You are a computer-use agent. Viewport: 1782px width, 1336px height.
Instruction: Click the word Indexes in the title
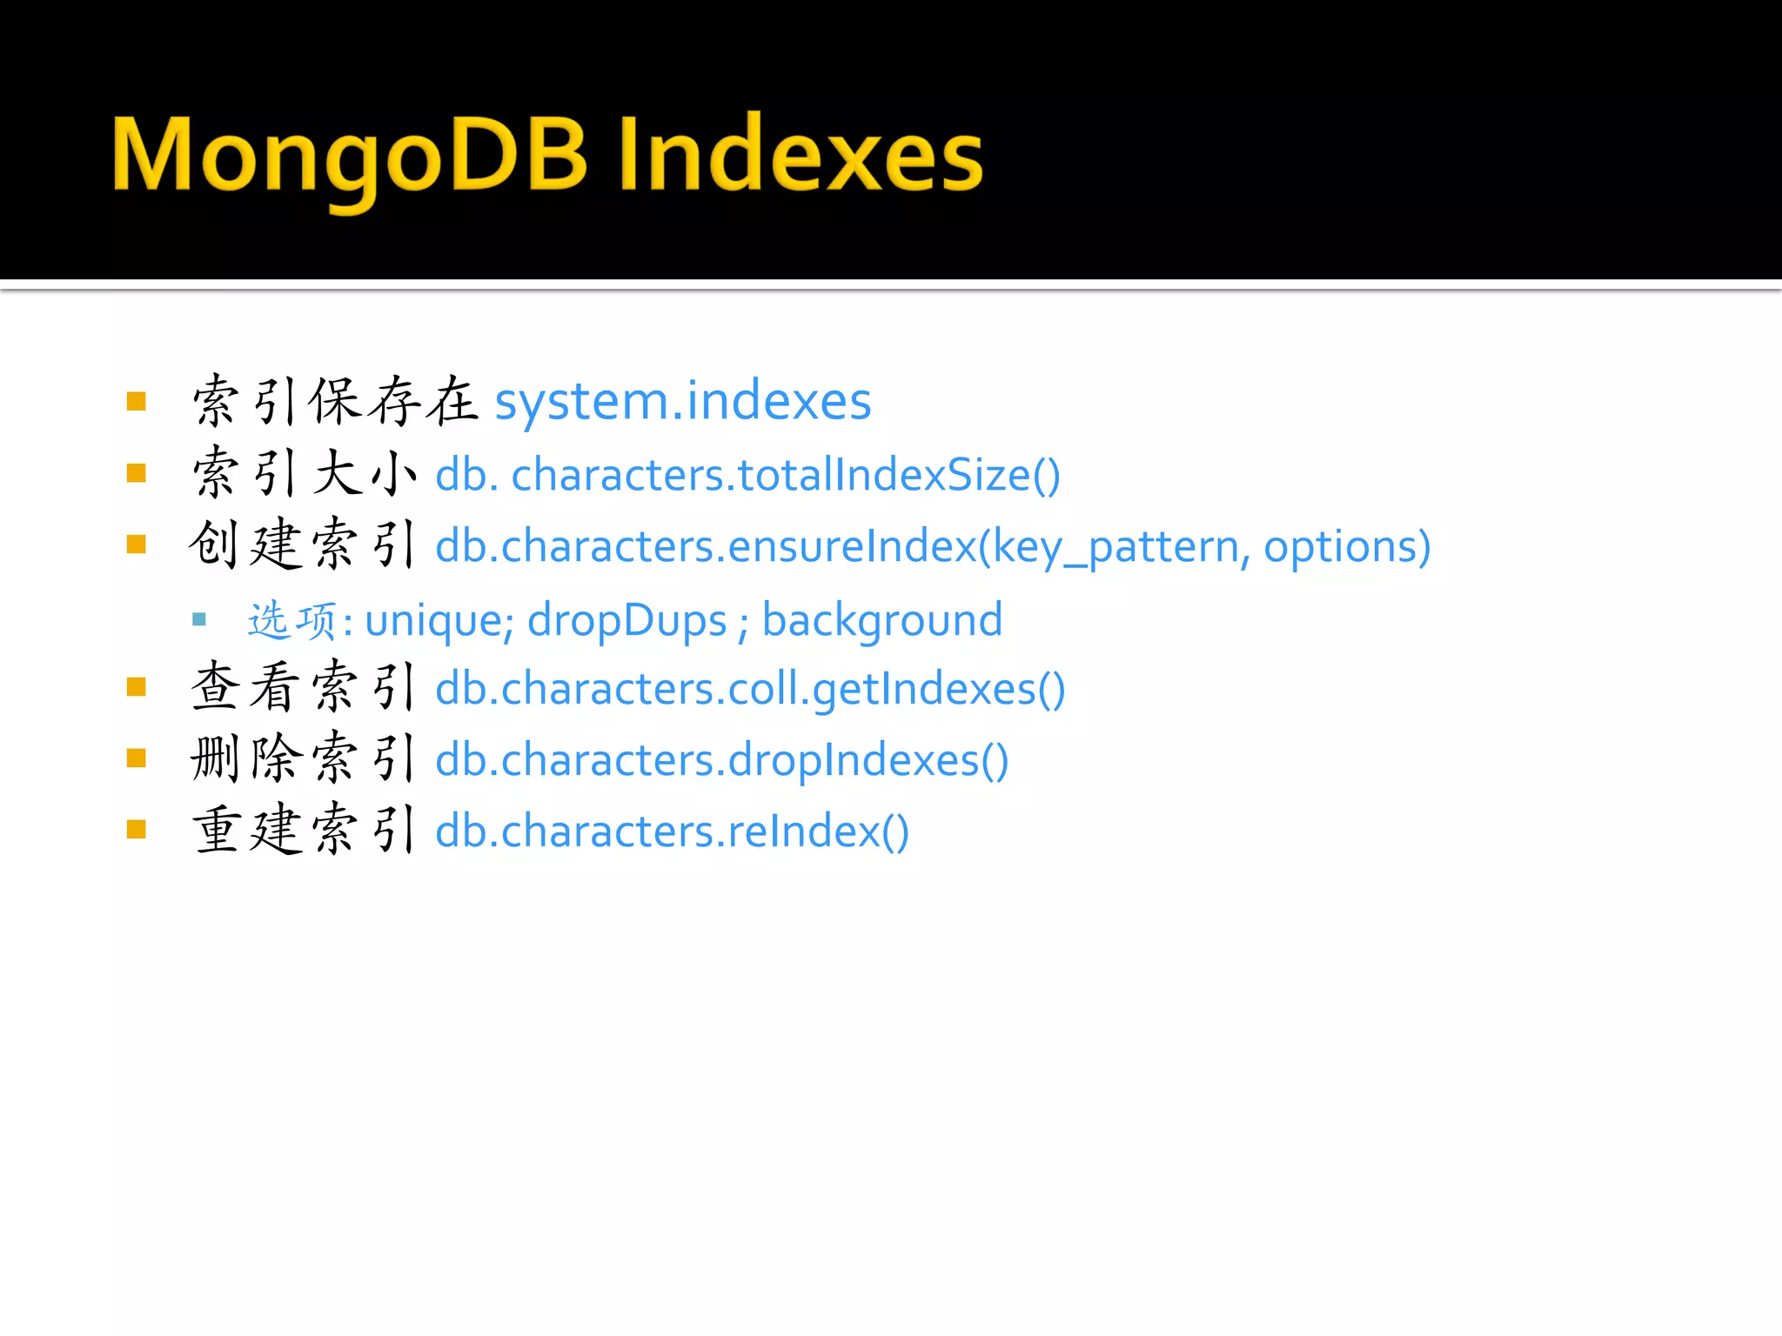801,157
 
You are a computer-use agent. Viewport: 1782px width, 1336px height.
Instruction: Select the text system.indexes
683,402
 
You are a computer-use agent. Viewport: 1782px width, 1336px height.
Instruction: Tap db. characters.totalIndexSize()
747,476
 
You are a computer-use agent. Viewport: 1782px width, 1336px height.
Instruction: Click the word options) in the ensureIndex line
1347,547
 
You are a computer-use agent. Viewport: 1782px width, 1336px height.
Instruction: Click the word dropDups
626,621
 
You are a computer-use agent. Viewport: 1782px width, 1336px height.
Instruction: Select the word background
882,621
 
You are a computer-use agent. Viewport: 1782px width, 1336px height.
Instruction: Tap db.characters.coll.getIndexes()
750,690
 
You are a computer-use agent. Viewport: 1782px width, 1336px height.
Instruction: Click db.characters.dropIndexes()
721,761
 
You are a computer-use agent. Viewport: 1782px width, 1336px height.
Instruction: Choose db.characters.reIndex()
672,832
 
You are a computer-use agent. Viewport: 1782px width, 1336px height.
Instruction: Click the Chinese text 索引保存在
335,402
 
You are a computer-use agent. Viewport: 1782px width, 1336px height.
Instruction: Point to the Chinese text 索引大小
305,474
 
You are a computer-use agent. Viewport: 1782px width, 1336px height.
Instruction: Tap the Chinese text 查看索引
305,688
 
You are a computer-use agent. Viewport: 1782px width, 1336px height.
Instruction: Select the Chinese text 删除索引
305,759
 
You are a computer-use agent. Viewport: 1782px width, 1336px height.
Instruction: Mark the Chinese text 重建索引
305,831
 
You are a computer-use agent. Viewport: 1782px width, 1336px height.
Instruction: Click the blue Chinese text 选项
292,621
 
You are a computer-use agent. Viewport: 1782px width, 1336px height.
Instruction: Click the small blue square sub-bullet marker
199,620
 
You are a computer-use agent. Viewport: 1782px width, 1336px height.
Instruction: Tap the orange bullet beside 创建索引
137,544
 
